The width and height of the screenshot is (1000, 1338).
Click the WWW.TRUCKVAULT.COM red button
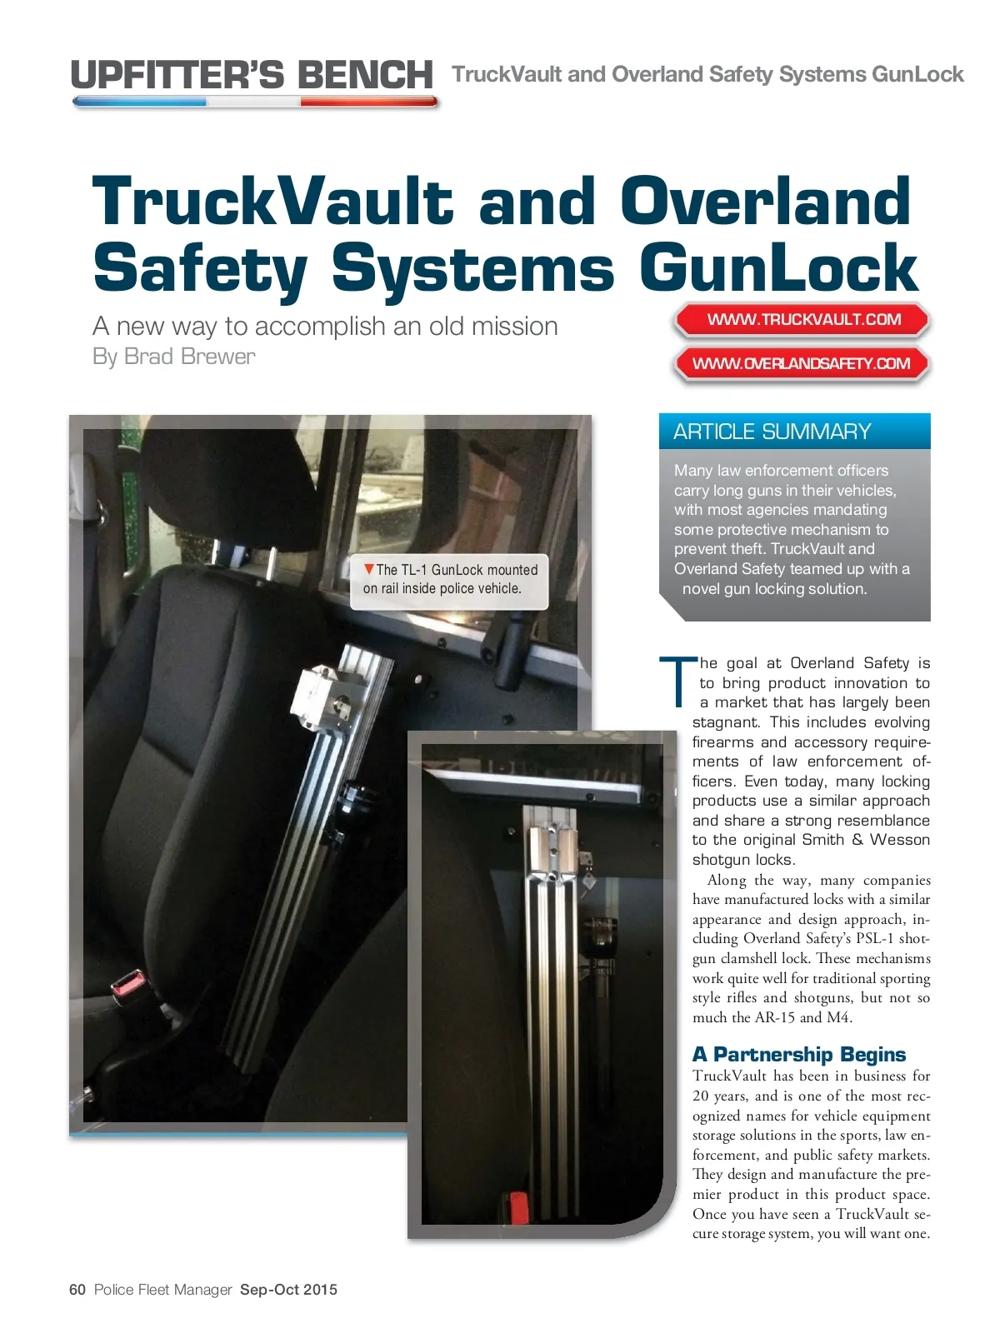point(803,319)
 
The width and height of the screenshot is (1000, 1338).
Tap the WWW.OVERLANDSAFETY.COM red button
point(801,363)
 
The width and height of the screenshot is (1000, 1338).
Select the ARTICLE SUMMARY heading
point(772,432)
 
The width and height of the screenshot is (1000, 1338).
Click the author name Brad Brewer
point(189,357)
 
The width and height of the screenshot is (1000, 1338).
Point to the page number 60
point(77,1290)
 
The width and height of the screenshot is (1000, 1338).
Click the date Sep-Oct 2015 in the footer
point(288,1290)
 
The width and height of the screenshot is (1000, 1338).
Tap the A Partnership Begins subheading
point(798,1055)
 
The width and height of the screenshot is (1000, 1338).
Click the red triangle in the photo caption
point(368,569)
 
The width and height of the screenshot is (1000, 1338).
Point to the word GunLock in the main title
point(778,268)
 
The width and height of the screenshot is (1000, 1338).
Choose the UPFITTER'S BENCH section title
point(252,75)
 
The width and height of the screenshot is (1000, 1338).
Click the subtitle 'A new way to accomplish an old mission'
point(325,326)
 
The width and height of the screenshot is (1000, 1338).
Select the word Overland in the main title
point(764,201)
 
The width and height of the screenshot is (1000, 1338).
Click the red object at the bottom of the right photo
point(517,1206)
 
